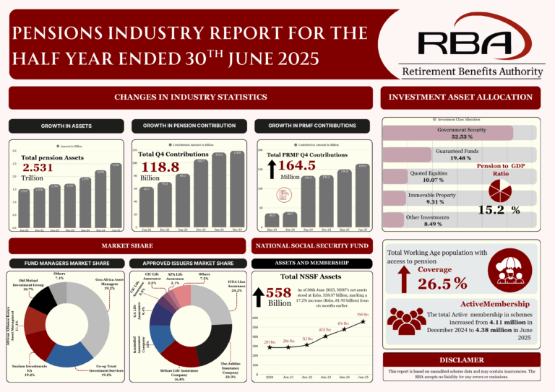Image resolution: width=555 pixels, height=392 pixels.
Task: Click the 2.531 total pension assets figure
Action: tap(38, 167)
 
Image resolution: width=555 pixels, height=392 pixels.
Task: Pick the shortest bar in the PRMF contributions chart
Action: tap(272, 220)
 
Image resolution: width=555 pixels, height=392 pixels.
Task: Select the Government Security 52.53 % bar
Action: tap(458, 133)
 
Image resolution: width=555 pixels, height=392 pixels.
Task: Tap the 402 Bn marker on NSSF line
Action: tap(325, 336)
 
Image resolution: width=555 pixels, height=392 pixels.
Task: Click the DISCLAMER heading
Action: tap(461, 359)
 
